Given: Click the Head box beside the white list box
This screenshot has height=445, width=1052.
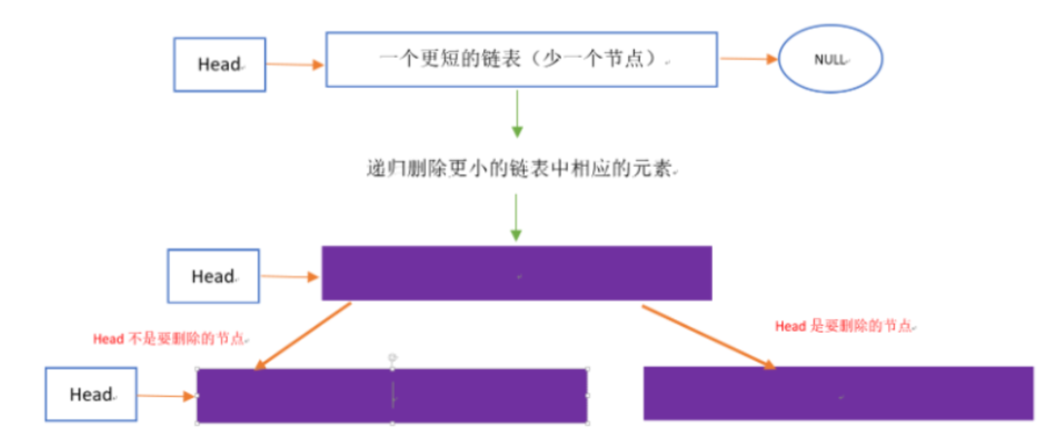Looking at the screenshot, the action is point(219,65).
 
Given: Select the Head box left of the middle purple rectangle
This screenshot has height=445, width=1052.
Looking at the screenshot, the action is point(213,276).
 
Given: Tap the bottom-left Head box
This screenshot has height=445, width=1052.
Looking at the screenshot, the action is point(91,394).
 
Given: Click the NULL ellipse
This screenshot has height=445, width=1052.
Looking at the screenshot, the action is point(830,59).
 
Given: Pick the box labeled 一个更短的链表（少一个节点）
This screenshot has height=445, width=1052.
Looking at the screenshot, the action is point(521,59).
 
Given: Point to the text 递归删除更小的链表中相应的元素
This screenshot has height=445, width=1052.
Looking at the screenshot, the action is point(520,168).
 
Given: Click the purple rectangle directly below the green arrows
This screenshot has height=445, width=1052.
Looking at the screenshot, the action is point(516,273).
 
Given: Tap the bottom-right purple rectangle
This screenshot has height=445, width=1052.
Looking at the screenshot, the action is point(838,393).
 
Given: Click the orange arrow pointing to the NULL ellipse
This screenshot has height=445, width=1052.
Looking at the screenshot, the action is point(748,59).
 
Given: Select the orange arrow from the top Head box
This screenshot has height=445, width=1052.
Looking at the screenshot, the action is point(294,65).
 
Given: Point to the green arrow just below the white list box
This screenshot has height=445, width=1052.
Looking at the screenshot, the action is point(517,113).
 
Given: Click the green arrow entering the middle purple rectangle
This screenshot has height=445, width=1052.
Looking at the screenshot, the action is point(516,217).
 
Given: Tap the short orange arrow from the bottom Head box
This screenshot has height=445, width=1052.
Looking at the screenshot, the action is point(166,396).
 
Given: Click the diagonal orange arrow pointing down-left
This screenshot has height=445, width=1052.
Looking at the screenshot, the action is point(303,336).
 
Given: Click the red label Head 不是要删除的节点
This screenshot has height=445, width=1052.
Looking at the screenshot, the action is point(170,339).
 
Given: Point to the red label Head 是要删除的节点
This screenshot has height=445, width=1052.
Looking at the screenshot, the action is point(844,326).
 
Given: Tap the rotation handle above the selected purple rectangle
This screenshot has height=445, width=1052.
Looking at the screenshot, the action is point(393,357).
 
